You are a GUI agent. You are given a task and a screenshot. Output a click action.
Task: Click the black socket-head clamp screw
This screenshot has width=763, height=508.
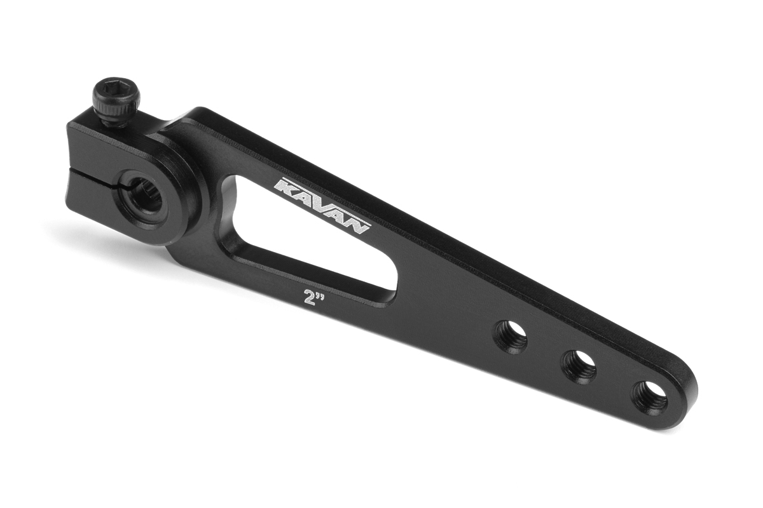pyautogui.click(x=116, y=102)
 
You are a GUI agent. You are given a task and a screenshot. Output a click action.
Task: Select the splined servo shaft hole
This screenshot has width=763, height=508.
pyautogui.click(x=146, y=195)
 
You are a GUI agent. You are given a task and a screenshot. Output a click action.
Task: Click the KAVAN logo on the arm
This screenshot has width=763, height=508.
pyautogui.click(x=322, y=206)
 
